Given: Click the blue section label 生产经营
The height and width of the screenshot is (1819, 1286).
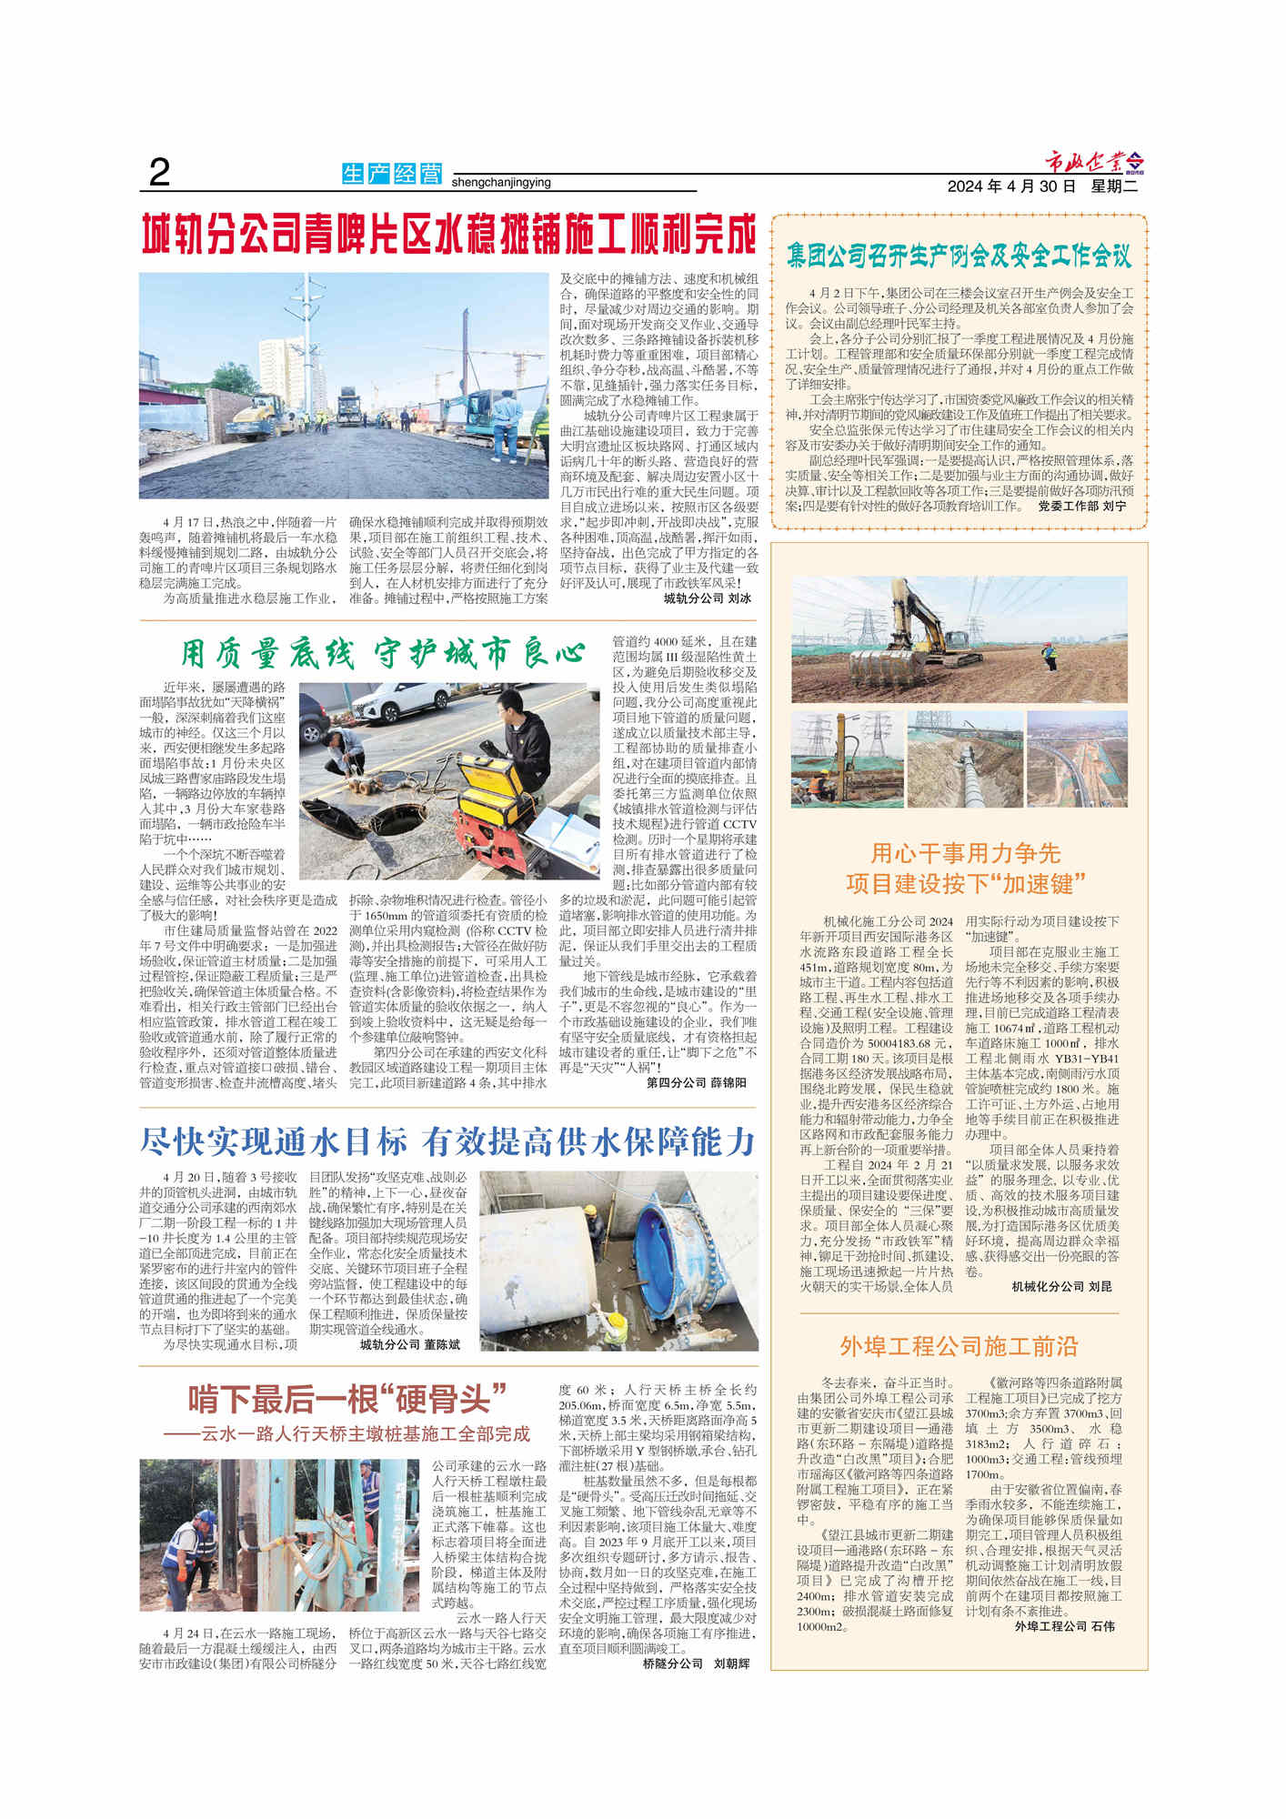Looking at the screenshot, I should tap(392, 173).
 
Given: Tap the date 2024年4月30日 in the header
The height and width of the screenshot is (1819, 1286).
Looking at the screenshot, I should tap(1011, 186).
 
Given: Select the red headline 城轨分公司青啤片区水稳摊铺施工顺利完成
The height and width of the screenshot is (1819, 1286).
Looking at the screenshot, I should tap(448, 236).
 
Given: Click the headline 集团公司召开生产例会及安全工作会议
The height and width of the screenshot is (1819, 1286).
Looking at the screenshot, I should tap(959, 255).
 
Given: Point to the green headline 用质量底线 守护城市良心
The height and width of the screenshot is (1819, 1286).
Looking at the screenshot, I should tap(382, 653).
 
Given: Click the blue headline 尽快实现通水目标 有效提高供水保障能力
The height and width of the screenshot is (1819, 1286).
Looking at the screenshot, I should tap(448, 1141).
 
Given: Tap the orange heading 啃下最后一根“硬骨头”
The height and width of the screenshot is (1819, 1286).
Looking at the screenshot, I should tap(347, 1399).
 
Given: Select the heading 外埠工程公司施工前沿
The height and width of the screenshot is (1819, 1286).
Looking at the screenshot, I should tap(959, 1346).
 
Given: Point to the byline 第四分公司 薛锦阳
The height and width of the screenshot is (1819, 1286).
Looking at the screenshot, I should tap(696, 1083).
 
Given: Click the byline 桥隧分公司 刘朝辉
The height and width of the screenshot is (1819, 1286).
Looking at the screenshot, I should tap(696, 1663).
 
